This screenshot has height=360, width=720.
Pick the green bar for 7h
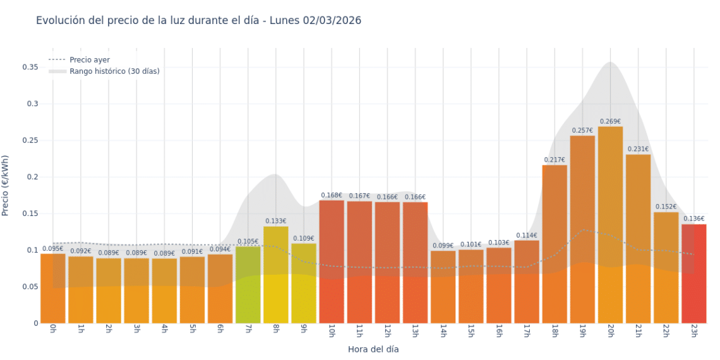248,285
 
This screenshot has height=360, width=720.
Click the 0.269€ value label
610,121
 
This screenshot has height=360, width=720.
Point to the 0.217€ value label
555,160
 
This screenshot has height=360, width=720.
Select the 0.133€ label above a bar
275,221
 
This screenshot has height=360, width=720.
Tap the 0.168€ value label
332,195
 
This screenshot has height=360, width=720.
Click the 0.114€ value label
527,236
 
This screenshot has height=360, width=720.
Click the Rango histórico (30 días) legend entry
114,71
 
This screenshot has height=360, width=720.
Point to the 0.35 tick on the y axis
30,67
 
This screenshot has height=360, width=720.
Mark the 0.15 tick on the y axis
30,213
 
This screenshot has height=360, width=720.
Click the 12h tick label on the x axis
387,332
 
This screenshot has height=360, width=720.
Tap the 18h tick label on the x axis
555,332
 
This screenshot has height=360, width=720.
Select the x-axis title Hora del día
373,349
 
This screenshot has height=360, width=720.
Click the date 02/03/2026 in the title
332,20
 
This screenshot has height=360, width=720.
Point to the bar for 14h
443,287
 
